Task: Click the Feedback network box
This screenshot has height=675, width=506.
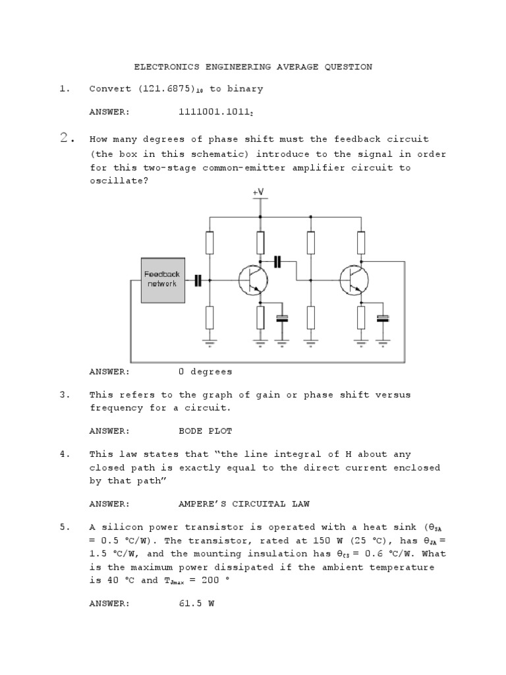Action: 162,279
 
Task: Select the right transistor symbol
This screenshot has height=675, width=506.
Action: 354,280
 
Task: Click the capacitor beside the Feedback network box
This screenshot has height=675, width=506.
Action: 198,280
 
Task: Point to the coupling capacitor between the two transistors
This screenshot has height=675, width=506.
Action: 278,262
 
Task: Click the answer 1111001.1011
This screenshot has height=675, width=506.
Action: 215,112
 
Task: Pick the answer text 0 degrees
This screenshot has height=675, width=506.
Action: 206,372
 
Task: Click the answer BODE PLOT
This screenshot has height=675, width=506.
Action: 206,431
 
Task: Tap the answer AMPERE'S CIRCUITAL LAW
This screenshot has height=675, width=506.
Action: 244,504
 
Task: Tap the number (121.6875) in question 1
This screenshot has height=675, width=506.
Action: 167,89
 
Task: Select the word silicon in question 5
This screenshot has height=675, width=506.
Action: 122,527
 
